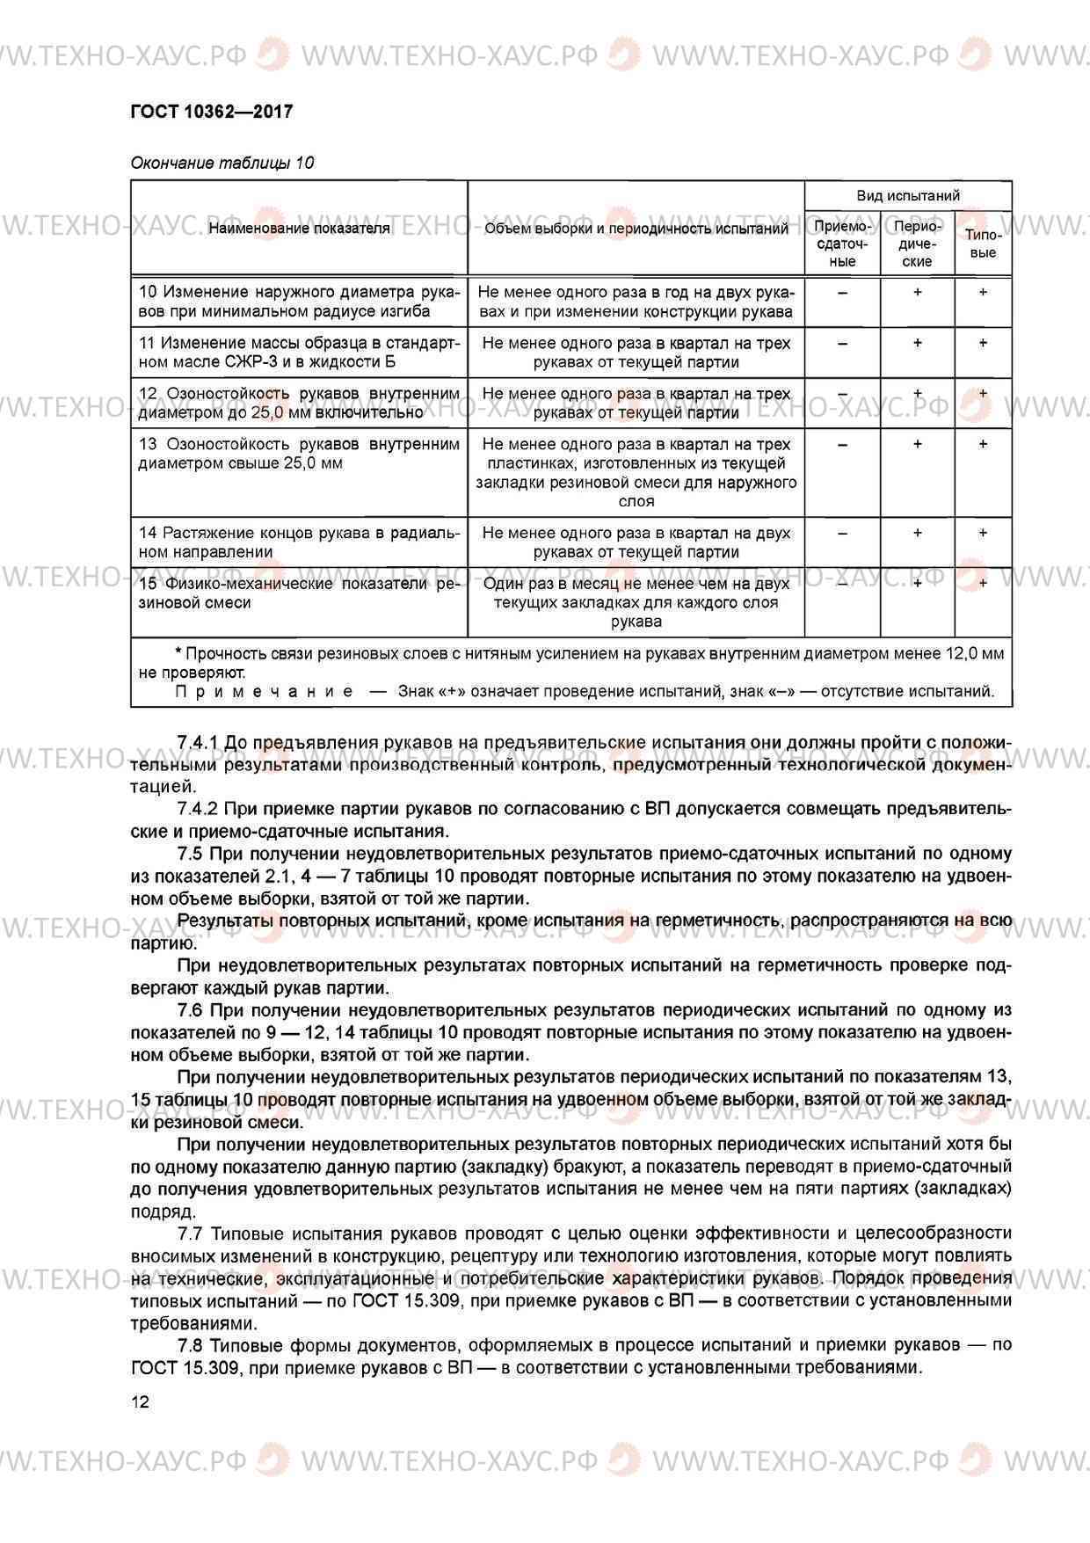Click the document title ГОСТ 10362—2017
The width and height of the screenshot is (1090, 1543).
pos(211,112)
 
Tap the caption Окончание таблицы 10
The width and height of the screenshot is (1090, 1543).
pos(222,163)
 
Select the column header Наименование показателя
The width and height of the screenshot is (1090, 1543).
pos(299,229)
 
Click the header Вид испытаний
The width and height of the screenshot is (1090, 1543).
pos(908,195)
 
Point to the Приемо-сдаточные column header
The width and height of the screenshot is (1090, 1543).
pos(842,244)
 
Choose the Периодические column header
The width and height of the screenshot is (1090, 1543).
pos(917,244)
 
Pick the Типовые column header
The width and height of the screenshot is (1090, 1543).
pos(983,244)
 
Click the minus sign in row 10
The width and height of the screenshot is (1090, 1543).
pos(842,293)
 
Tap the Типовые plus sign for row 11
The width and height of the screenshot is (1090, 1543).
pos(983,344)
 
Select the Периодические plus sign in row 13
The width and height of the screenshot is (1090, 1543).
pos(917,445)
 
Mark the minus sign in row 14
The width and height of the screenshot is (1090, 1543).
pos(842,533)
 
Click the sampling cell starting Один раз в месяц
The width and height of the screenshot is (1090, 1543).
pos(636,602)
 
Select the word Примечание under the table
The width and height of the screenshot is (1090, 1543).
pos(265,691)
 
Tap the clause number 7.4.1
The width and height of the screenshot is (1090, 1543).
pos(198,743)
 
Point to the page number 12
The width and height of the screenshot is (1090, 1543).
pos(140,1401)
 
